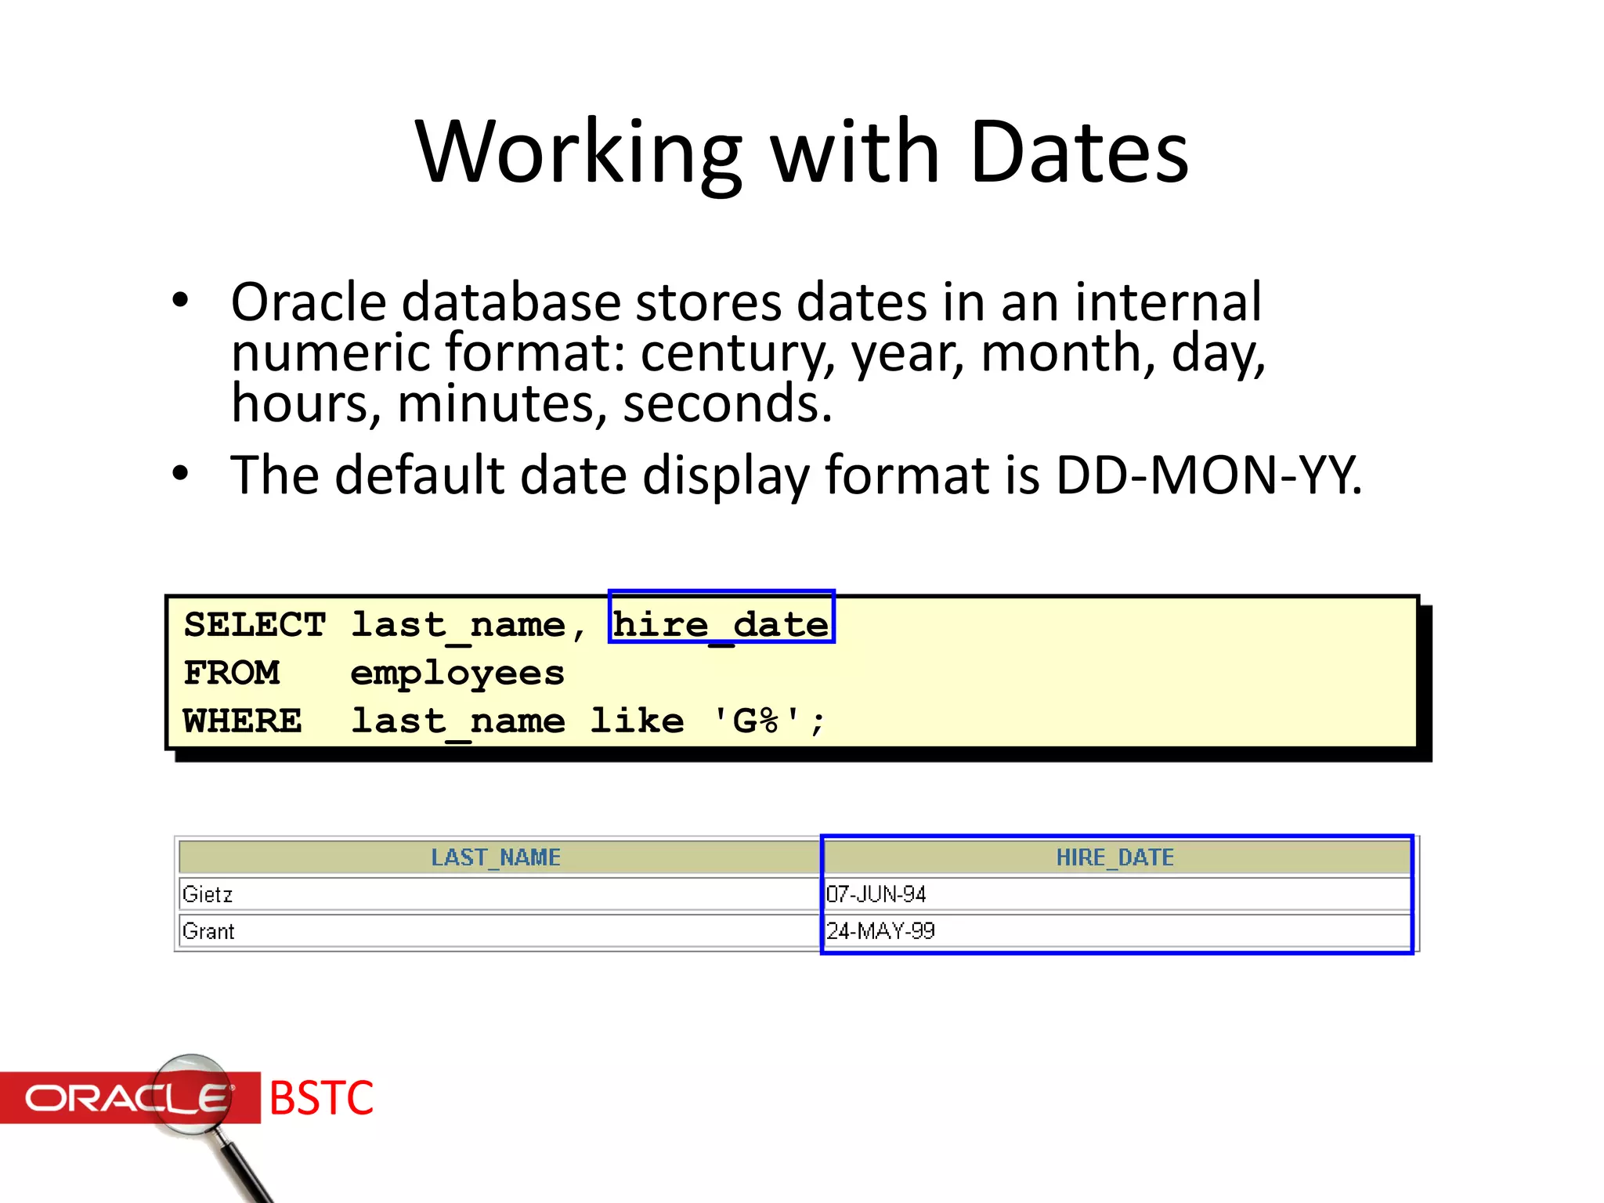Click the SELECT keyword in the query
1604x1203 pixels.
click(x=255, y=625)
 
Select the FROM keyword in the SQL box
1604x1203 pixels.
click(x=231, y=673)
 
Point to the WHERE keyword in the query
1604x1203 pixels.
click(x=242, y=721)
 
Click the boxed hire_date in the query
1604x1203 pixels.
click(x=721, y=625)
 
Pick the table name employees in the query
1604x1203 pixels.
click(x=457, y=674)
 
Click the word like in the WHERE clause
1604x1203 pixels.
click(x=637, y=721)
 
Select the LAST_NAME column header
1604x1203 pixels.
click(x=496, y=858)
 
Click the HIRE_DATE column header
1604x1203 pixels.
click(x=1114, y=858)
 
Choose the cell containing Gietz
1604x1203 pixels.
click(x=208, y=894)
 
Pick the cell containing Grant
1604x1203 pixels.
click(x=208, y=931)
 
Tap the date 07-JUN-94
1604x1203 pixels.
click(x=876, y=894)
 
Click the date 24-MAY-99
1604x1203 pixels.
click(x=880, y=931)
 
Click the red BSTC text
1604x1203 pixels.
click(x=321, y=1097)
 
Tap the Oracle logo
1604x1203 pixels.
click(x=129, y=1097)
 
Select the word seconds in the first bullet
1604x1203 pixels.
click(x=726, y=404)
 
